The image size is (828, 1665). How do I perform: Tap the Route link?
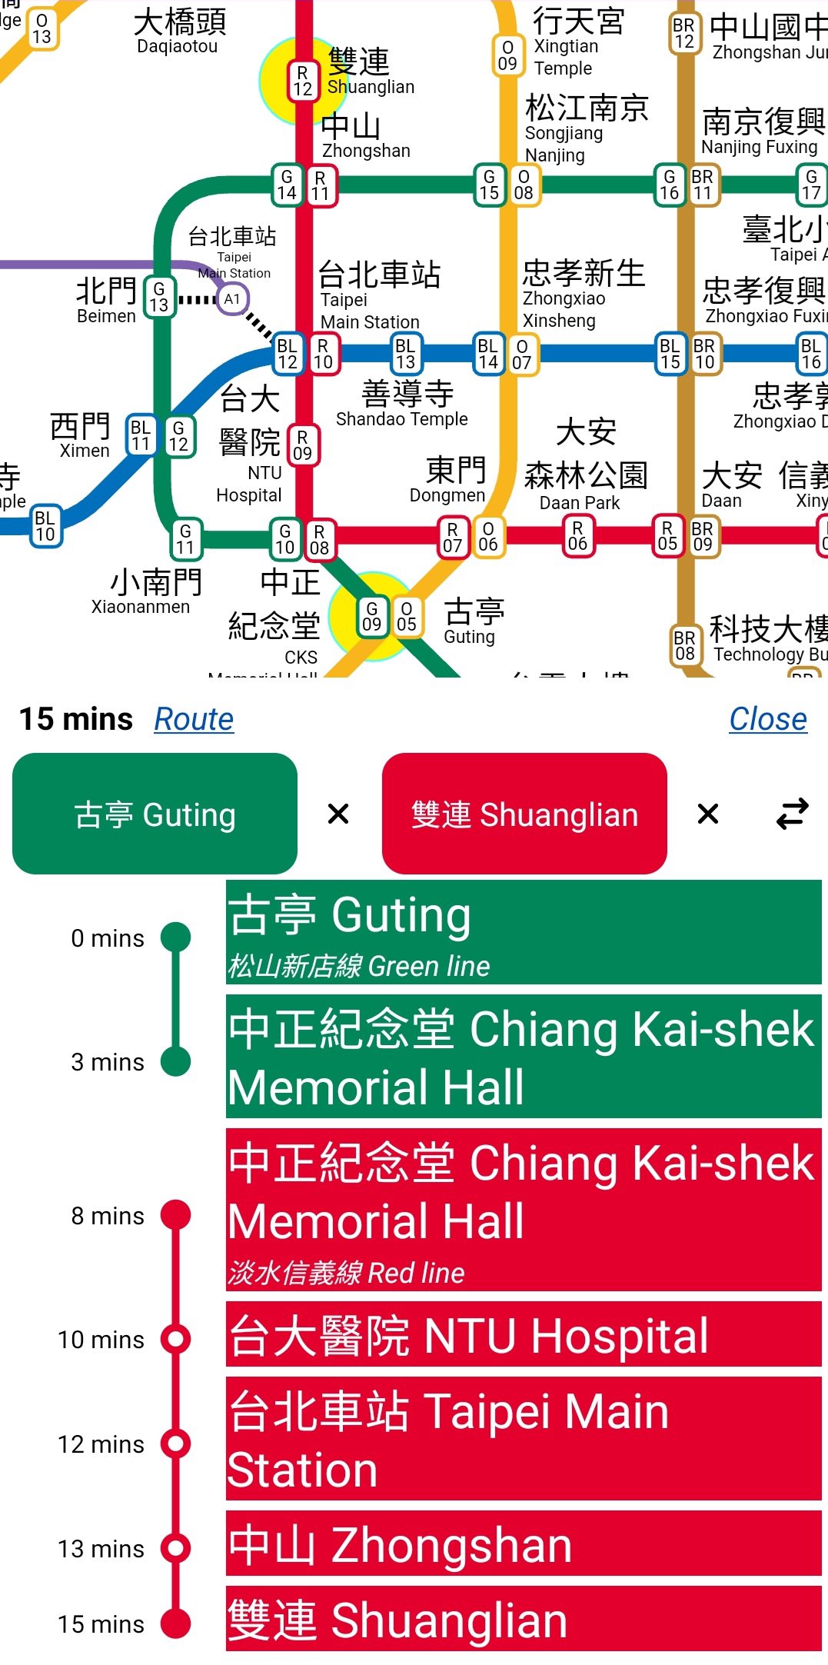click(x=194, y=719)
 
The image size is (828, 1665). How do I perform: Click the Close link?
click(x=767, y=719)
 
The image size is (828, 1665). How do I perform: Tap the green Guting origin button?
click(x=155, y=814)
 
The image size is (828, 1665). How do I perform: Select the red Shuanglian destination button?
click(x=524, y=814)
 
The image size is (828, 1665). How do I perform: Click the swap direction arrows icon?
click(x=792, y=814)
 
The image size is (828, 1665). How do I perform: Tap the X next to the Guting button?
click(x=338, y=814)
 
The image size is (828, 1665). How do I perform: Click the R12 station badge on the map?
click(x=303, y=81)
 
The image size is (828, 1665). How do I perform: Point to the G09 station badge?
click(x=372, y=617)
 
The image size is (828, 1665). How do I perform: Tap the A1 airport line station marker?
click(x=232, y=299)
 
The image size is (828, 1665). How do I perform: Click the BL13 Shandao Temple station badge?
click(x=405, y=354)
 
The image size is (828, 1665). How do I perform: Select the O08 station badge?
click(x=524, y=185)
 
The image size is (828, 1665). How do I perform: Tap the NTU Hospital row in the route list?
click(x=523, y=1335)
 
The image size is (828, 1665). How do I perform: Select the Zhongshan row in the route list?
click(x=523, y=1546)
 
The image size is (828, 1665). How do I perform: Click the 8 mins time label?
click(x=108, y=1216)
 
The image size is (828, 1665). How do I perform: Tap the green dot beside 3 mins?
click(x=176, y=1062)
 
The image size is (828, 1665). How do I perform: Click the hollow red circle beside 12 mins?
click(x=176, y=1444)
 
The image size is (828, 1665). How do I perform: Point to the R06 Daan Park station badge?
click(x=577, y=536)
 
